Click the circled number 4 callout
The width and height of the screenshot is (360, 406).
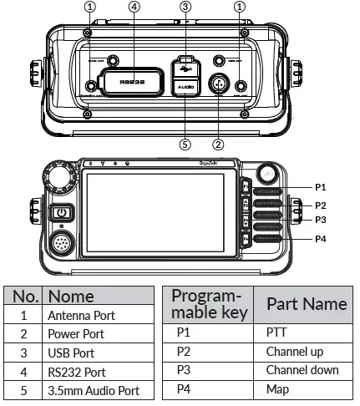click(x=134, y=8)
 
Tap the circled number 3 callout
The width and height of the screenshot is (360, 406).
click(x=185, y=8)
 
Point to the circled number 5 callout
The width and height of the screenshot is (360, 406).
click(x=185, y=142)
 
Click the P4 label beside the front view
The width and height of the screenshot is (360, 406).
click(x=321, y=240)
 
